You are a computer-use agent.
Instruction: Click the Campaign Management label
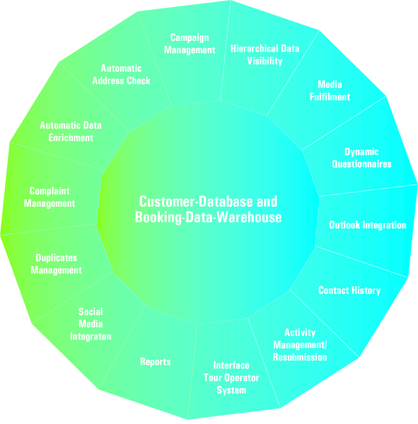point(189,44)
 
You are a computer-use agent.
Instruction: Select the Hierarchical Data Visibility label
point(265,55)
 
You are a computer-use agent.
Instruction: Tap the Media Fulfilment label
point(330,90)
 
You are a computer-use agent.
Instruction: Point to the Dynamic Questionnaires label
point(362,158)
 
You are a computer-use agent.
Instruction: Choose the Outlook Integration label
point(368,225)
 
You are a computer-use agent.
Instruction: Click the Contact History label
point(349,290)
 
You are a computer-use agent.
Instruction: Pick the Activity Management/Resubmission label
point(300,345)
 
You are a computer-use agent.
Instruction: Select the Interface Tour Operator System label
point(231,378)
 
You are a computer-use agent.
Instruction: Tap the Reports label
point(156,362)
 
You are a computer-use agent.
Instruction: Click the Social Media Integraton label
point(91,324)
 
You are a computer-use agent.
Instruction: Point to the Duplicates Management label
point(56,264)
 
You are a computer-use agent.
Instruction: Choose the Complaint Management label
point(49,197)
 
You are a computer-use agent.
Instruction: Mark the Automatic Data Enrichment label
point(71,131)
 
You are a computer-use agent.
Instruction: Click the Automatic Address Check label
point(121,74)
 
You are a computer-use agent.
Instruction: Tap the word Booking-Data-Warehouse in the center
point(208,218)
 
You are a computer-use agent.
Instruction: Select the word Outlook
point(345,225)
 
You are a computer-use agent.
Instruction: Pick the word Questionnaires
point(362,164)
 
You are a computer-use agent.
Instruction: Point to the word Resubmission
point(300,357)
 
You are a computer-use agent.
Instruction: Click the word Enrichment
point(71,138)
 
